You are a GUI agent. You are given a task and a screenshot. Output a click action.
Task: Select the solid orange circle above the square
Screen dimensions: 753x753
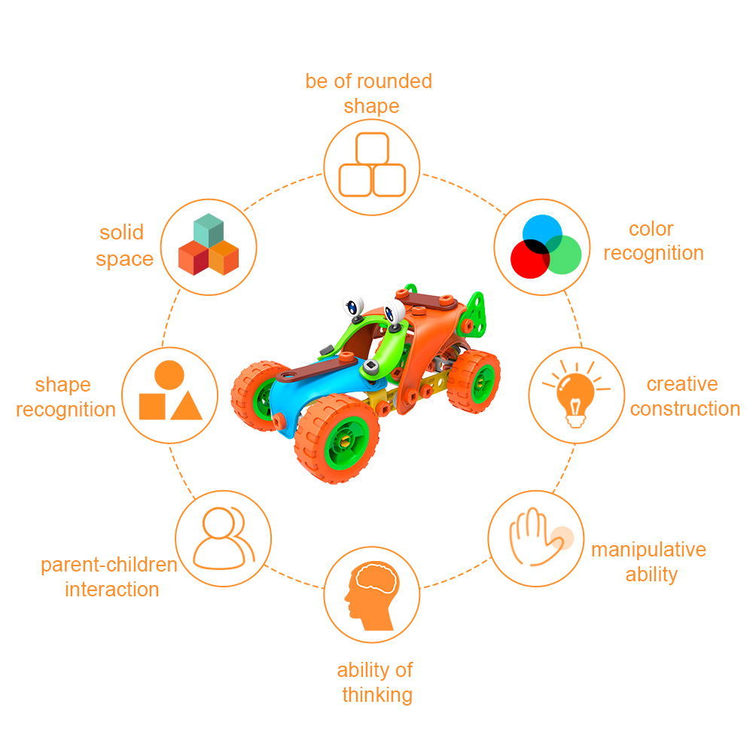tap(169, 374)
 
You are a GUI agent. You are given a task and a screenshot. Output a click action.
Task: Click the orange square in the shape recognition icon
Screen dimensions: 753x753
tap(152, 406)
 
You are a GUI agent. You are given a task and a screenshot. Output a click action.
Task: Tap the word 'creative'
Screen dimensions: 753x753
tap(681, 384)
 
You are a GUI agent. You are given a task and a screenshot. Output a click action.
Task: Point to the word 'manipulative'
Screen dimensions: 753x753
tap(648, 550)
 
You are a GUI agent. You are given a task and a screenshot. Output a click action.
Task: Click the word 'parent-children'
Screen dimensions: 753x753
tap(109, 565)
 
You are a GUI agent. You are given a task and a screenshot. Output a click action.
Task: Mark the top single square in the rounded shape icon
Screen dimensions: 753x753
tap(372, 148)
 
